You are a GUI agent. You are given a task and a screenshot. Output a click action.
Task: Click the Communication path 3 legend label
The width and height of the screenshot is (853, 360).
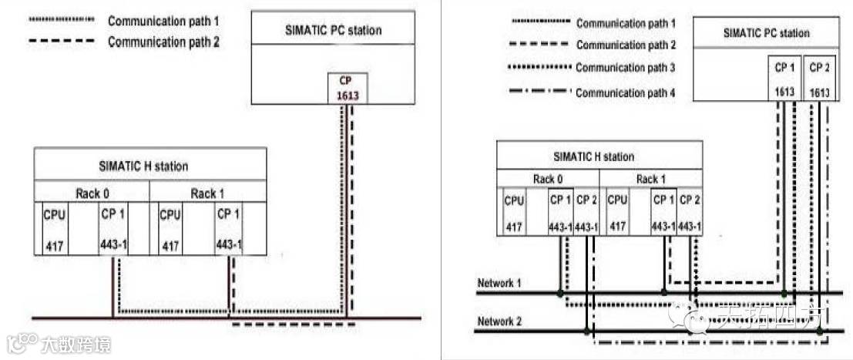(625, 68)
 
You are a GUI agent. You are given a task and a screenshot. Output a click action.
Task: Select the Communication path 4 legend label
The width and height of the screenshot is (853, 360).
(625, 93)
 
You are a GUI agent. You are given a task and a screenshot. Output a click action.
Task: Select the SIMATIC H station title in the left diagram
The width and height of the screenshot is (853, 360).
(143, 166)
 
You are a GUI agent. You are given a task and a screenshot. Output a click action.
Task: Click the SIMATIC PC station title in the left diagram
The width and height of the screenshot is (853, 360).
(333, 30)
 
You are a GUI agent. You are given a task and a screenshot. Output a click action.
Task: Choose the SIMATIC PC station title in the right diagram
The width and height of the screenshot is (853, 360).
(767, 33)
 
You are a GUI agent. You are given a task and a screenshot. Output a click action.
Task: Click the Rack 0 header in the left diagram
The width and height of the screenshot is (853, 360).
(92, 193)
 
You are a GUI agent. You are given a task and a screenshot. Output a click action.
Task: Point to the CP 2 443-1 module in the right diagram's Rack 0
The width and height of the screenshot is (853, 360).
(586, 213)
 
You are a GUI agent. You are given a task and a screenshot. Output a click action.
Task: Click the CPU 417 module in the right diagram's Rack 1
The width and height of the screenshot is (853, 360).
(617, 213)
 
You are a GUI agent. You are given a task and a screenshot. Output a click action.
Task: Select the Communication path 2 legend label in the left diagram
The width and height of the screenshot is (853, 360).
(163, 41)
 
